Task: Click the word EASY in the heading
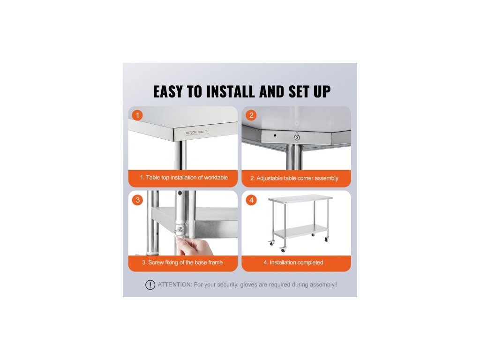168,91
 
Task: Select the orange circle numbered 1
137,115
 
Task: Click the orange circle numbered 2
251,115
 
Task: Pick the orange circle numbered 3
137,200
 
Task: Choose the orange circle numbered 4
251,200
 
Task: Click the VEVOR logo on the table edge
191,133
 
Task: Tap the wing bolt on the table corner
296,137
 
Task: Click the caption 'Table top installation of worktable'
187,178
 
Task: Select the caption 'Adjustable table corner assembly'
297,178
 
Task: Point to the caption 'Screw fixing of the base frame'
185,262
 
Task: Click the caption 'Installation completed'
296,262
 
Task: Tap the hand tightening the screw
192,246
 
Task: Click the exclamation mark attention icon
150,285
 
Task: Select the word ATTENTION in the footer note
174,285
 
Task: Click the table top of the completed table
300,198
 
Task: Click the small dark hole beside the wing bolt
275,135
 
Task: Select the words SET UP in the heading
309,91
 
